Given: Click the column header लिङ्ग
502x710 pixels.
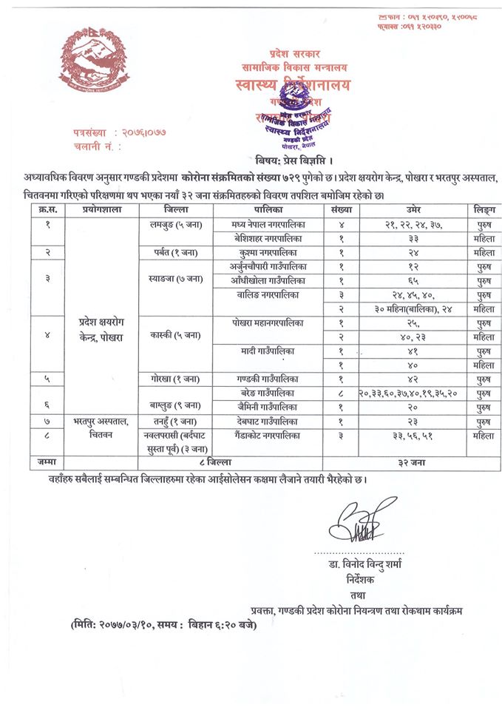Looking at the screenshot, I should pos(484,211).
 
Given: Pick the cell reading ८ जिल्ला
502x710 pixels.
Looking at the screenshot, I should pos(202,461).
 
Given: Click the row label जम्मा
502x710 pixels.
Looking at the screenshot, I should pos(47,461).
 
